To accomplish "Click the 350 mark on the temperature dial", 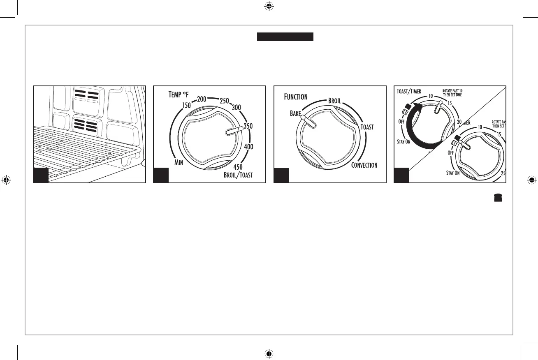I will (x=248, y=127).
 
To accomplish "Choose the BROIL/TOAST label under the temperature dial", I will (x=238, y=175).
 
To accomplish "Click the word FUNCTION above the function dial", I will (x=295, y=97).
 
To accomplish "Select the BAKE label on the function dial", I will (x=295, y=113).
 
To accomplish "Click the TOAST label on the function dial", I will (x=367, y=127).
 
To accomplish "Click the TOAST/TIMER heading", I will (x=409, y=91).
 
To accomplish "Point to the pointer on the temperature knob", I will (x=233, y=131).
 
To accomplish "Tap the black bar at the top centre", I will (x=285, y=37).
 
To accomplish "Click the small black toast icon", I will (x=498, y=198).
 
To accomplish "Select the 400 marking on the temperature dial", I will (x=248, y=147).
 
